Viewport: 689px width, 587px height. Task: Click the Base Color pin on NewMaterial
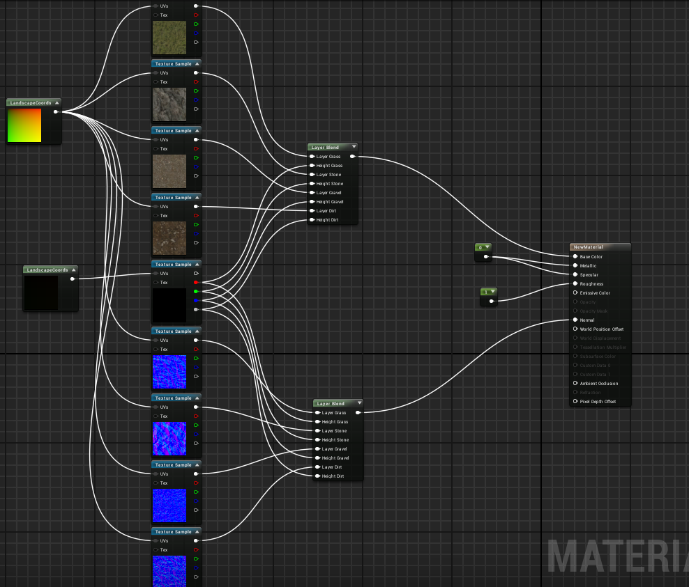[x=575, y=256]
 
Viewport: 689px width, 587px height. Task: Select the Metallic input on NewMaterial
[x=575, y=265]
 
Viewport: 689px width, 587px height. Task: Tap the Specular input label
[x=589, y=274]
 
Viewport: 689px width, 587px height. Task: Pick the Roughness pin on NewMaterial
[x=575, y=283]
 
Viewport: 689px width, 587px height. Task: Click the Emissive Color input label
[x=595, y=292]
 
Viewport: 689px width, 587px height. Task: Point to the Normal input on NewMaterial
[x=575, y=320]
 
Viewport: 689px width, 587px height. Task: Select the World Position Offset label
[x=601, y=329]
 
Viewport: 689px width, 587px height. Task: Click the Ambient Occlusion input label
[x=598, y=383]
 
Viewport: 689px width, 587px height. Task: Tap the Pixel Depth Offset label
[x=598, y=401]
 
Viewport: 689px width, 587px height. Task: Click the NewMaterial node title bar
[x=600, y=246]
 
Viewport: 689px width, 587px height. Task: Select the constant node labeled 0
[x=483, y=247]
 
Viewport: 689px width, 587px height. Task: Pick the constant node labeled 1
[x=488, y=291]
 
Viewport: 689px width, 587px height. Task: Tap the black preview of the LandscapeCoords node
[x=41, y=292]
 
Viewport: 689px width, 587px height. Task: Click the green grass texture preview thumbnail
[x=169, y=38]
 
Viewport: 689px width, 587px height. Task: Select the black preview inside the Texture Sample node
[x=169, y=305]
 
